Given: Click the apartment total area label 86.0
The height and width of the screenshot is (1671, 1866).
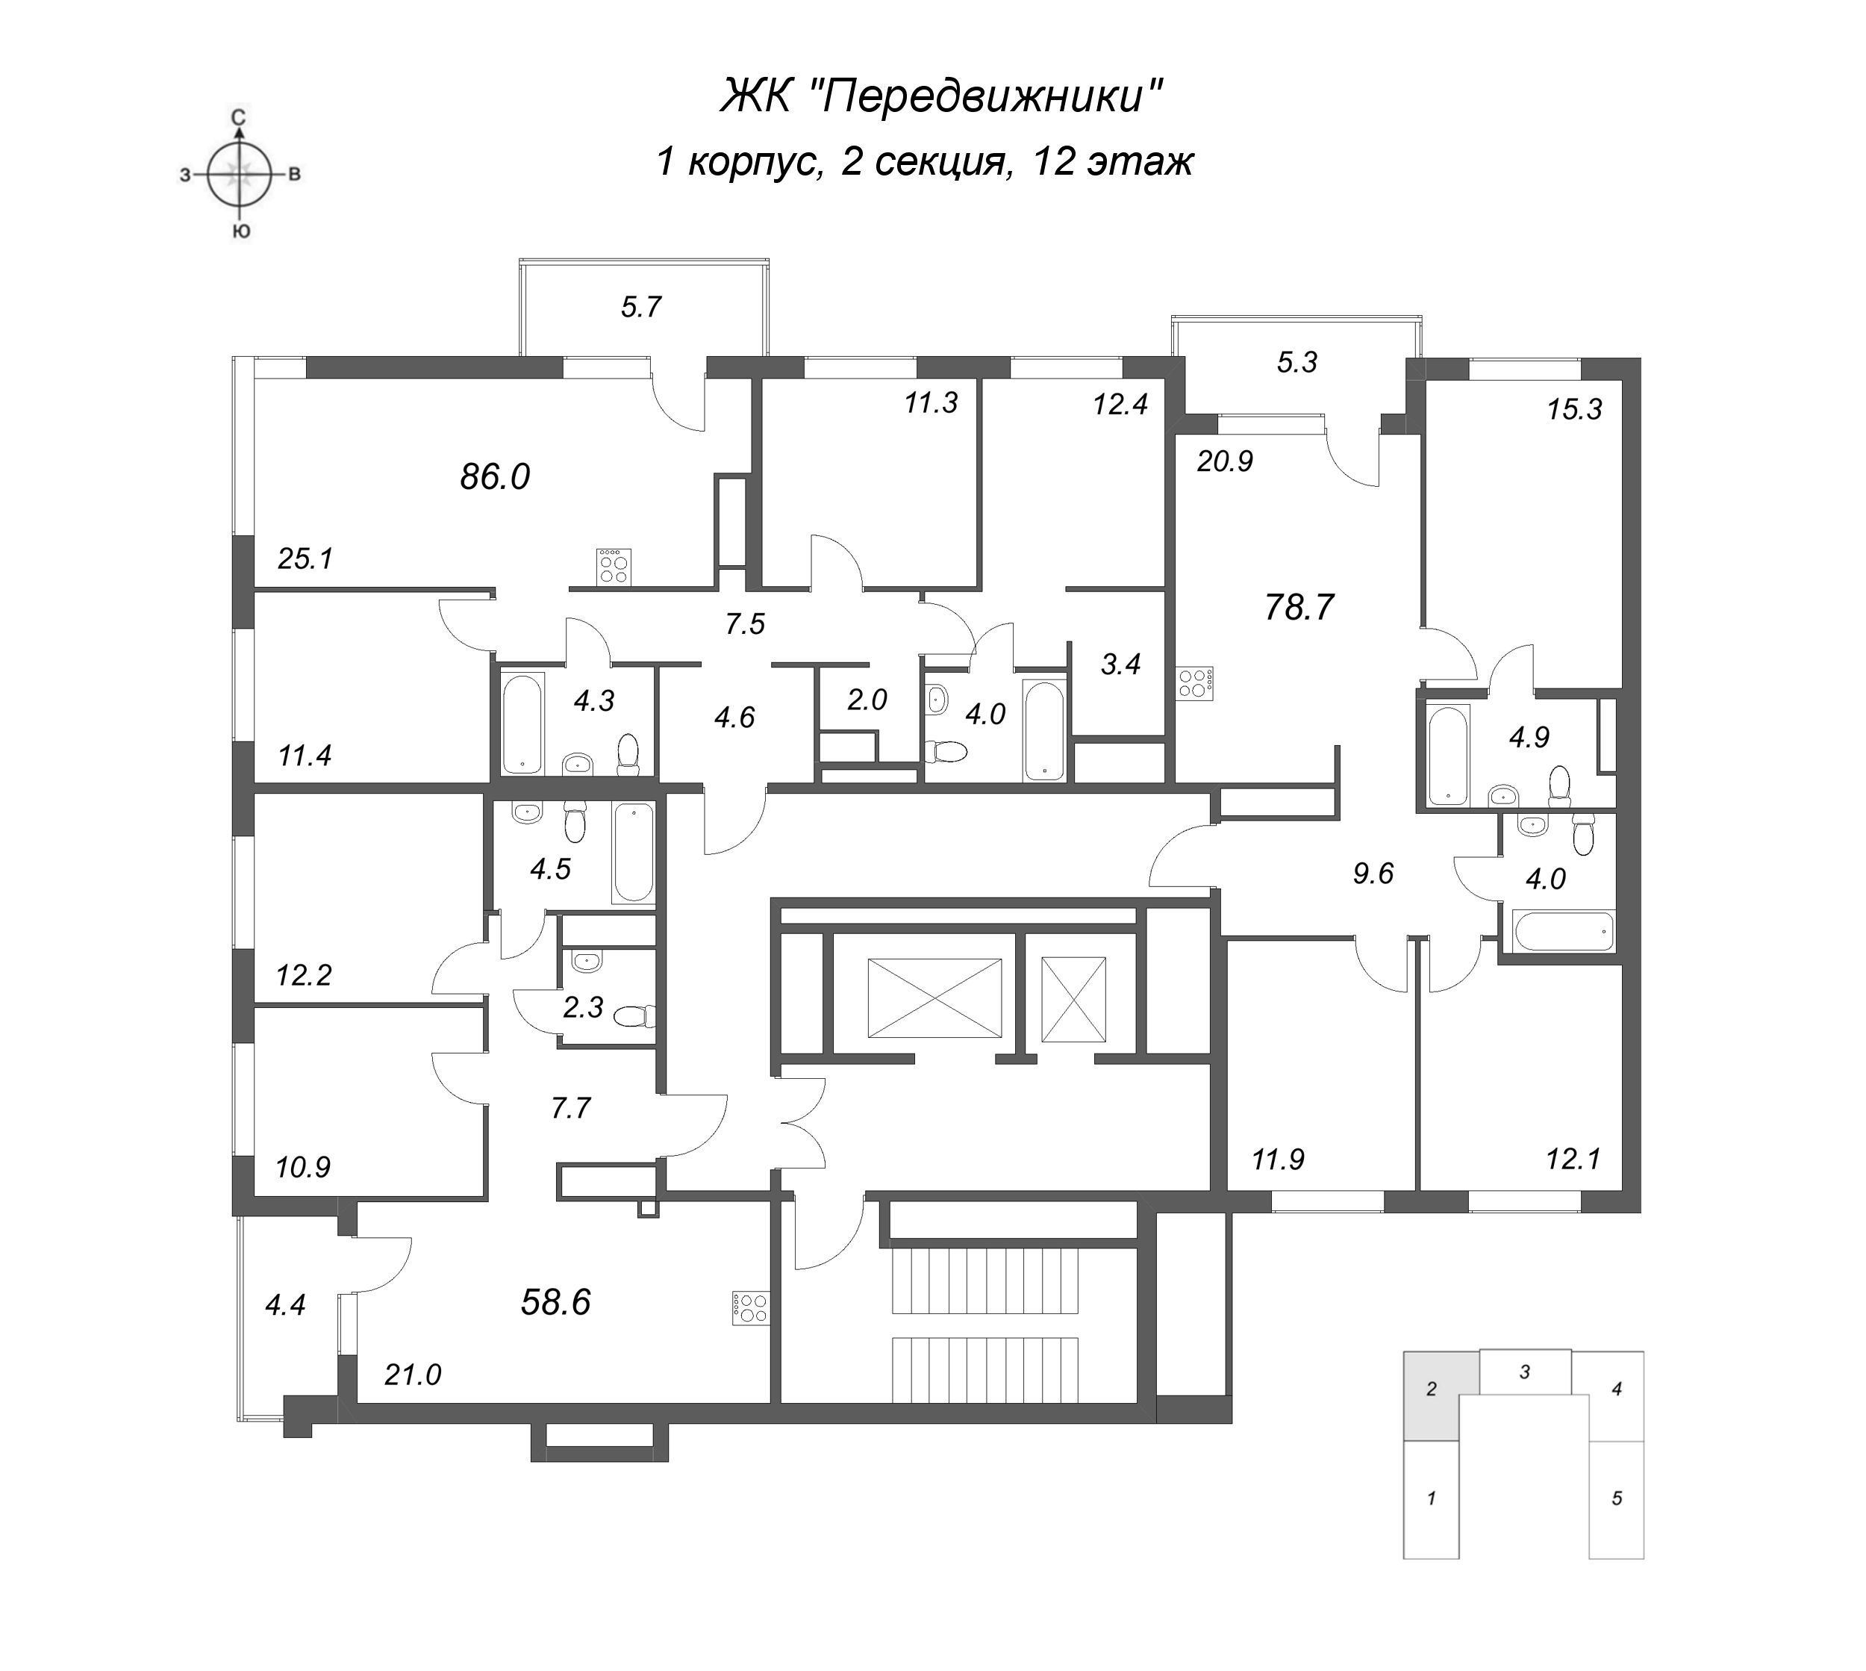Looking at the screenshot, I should coord(495,477).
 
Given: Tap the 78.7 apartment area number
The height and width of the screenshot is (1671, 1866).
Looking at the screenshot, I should coord(1299,608).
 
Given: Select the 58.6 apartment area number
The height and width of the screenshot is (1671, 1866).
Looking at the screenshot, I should coord(555,1302).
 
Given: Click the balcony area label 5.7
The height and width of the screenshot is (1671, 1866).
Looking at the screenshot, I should coord(640,307).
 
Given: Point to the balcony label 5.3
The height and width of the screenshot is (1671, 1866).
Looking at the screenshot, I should coord(1297,363).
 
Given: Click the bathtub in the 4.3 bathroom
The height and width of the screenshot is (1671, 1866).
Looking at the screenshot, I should coord(523,724).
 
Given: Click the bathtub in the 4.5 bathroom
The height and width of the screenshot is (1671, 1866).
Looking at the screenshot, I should coord(633,852).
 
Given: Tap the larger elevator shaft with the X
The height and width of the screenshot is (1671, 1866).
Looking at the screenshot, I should coord(934,998).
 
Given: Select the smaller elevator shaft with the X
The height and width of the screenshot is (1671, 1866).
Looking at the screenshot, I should coord(1073,999).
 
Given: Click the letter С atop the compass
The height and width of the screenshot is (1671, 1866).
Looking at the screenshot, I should coord(239,116).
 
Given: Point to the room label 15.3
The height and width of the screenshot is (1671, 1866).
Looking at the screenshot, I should coord(1574,409).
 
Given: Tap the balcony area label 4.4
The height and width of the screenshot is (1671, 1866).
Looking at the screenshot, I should coord(284,1304).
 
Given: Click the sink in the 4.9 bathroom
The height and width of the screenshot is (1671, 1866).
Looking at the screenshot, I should coord(1503,793).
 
